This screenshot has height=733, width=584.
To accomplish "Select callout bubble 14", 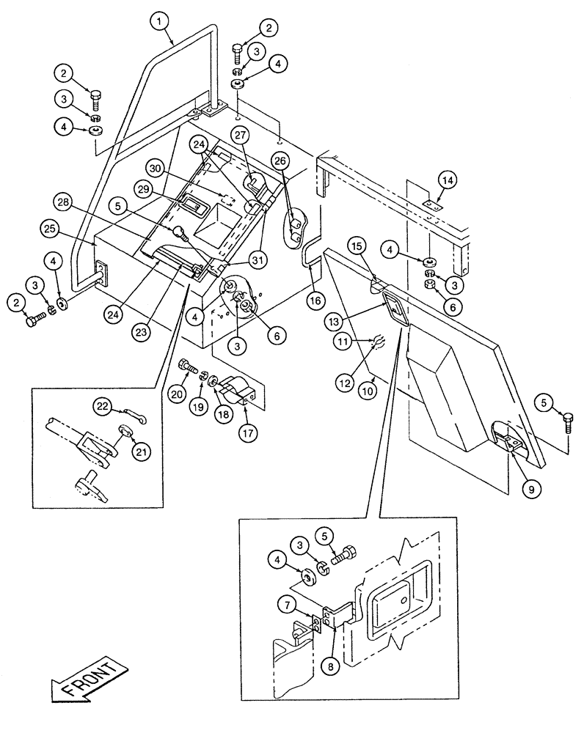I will click(448, 178).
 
